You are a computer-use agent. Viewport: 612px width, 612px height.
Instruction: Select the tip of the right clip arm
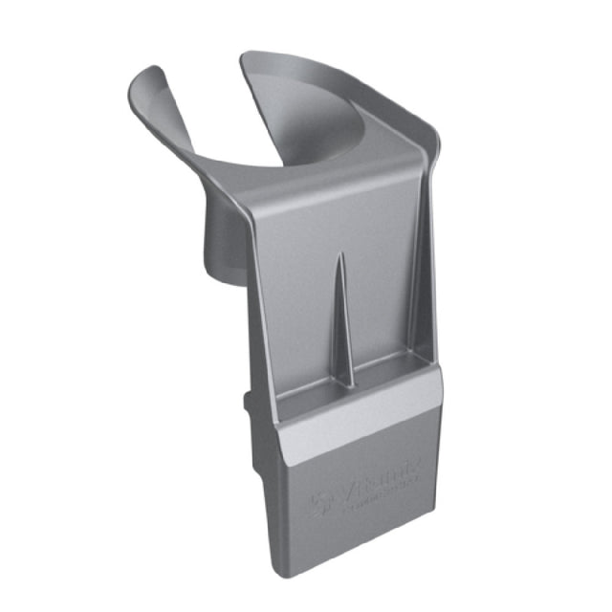pos(251,59)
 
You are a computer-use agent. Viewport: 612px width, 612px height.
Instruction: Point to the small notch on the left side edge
pos(251,402)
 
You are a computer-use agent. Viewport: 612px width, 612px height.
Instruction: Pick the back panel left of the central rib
pos(296,296)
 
